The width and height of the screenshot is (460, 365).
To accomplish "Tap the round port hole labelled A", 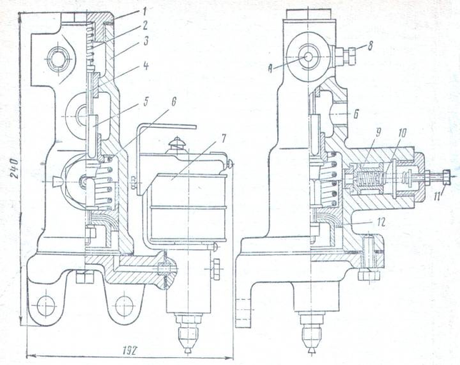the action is click(x=307, y=55).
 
